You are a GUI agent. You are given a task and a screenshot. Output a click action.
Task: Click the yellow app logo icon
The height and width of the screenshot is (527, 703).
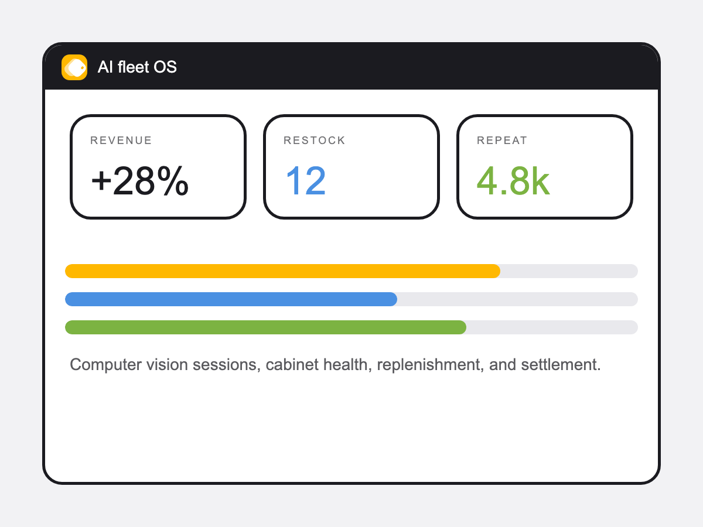(x=74, y=67)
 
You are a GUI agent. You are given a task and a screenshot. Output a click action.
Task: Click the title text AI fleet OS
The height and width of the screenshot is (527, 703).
(x=137, y=67)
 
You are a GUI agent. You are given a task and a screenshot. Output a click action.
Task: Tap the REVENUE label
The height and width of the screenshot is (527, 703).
(x=121, y=141)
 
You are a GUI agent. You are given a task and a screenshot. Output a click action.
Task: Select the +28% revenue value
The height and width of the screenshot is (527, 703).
(x=140, y=182)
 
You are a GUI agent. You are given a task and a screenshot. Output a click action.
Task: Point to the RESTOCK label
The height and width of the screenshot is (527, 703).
(x=315, y=141)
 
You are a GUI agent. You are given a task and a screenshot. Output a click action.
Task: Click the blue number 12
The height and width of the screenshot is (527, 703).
(x=306, y=182)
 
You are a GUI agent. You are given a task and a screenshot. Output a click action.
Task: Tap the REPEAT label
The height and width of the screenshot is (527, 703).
(x=502, y=141)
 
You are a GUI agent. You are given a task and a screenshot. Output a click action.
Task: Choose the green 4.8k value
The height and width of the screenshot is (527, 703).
(x=513, y=182)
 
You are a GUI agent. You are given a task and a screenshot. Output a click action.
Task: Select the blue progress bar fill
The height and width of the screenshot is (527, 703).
(x=231, y=299)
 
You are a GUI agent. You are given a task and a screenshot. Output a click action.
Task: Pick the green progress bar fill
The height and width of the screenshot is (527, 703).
(x=265, y=327)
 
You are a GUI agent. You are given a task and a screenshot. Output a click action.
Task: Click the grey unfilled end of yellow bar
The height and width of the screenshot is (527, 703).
(x=568, y=271)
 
